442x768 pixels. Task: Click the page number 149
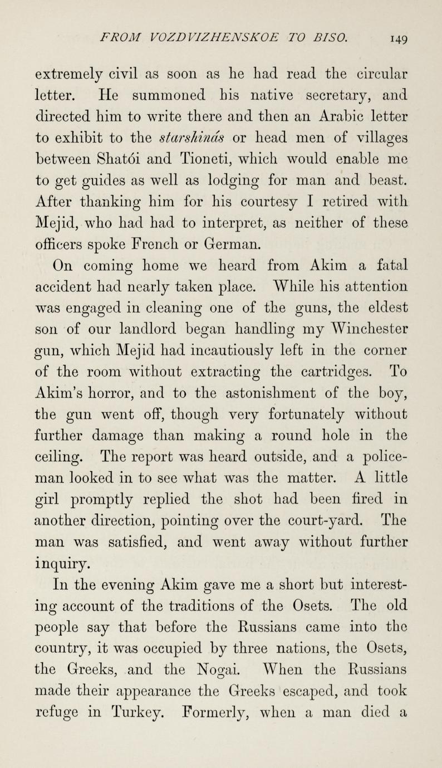pos(397,39)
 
